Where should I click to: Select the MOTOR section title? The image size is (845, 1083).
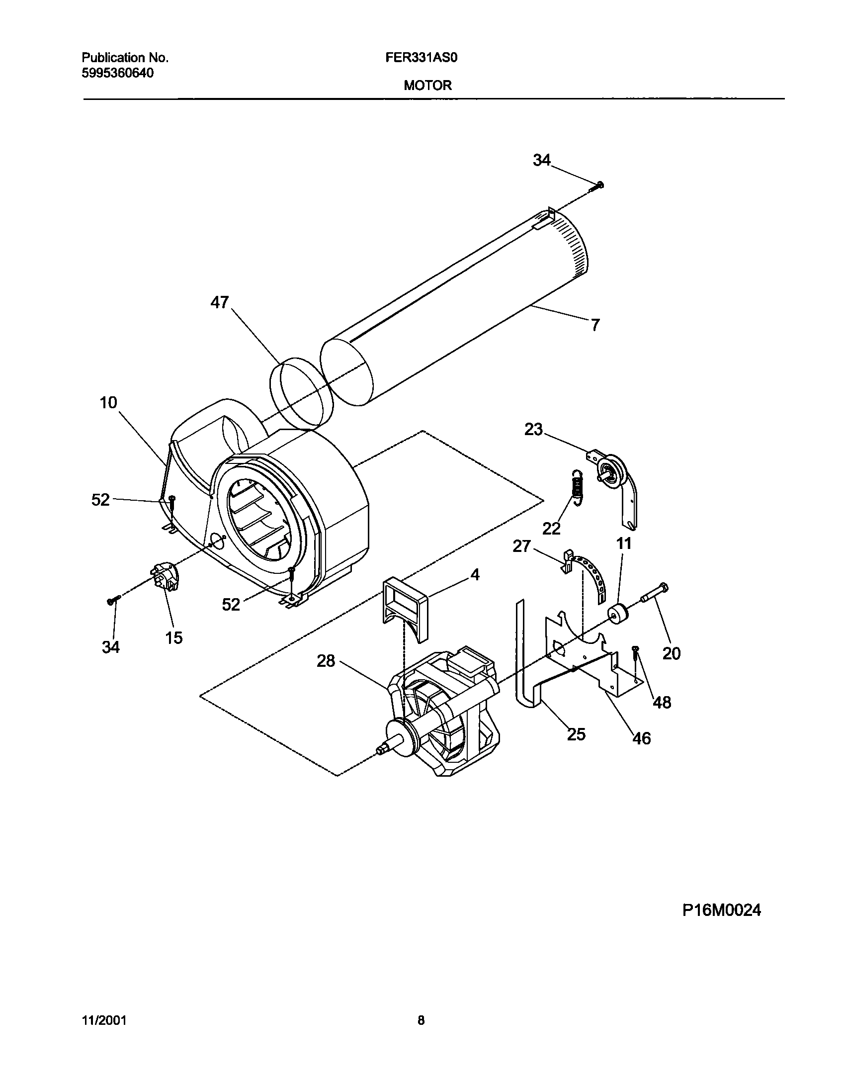pos(427,86)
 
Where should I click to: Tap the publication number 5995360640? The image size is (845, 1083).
pos(117,73)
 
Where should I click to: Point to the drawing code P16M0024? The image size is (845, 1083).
pos(721,910)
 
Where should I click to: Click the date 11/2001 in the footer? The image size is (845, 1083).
pos(104,1021)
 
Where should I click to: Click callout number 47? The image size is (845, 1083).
pos(219,302)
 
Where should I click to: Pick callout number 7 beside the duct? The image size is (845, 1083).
pos(595,325)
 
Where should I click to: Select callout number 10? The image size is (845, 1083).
pos(108,402)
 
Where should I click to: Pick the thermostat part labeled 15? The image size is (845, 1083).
pos(165,577)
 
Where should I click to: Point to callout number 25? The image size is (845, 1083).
pos(577,734)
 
